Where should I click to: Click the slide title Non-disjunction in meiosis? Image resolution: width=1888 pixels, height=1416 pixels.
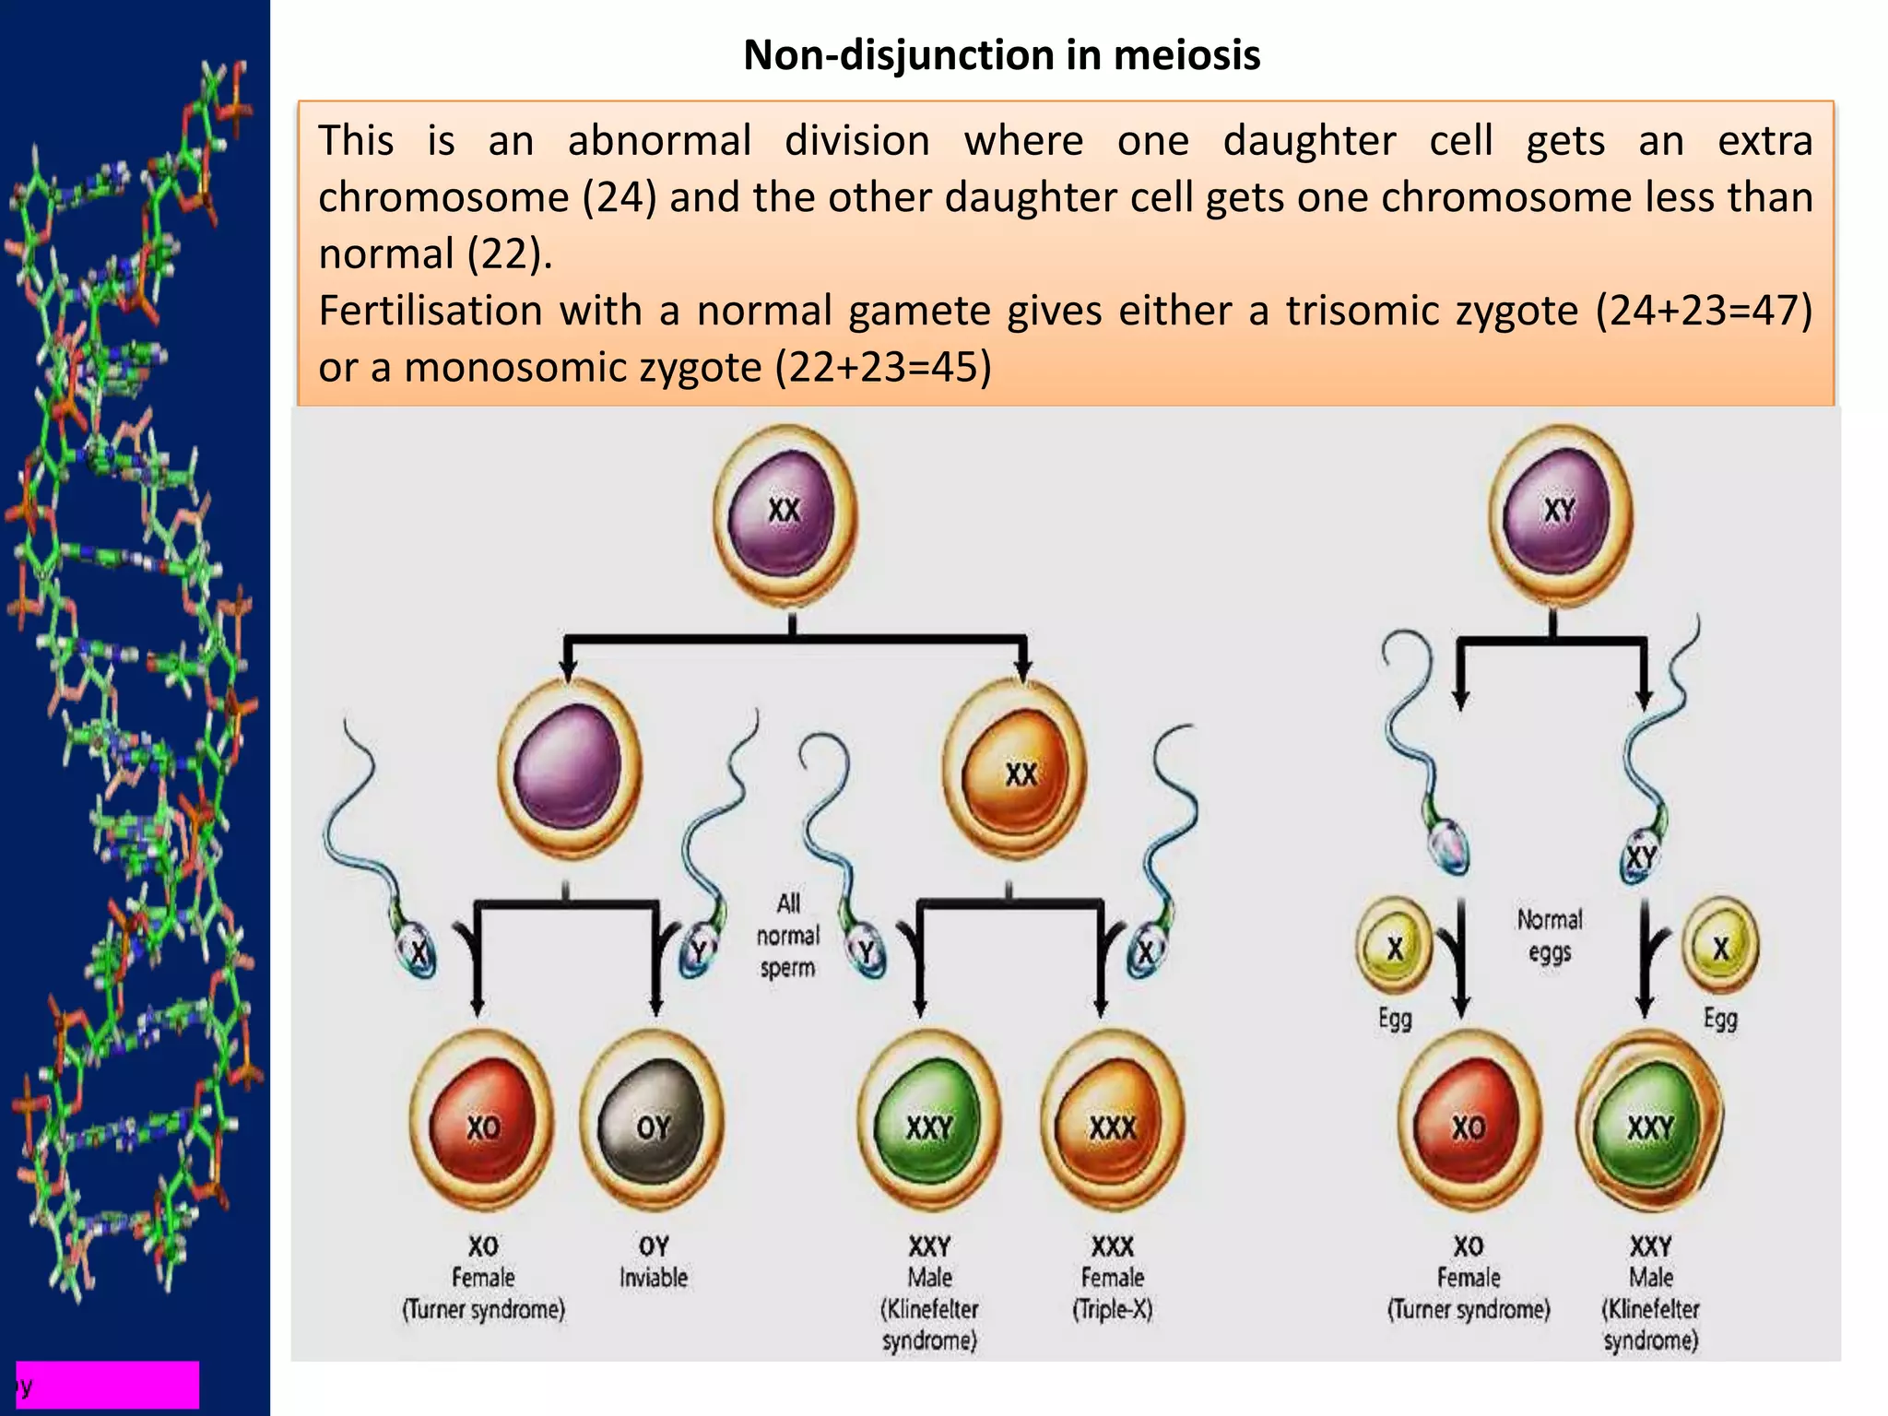(1001, 55)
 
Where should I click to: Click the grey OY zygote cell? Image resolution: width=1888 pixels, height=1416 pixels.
(653, 1121)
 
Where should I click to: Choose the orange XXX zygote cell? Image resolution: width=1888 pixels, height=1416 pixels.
(1113, 1121)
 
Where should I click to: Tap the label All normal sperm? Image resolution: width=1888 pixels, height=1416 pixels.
(787, 935)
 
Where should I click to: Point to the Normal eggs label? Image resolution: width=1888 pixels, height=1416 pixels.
(1550, 935)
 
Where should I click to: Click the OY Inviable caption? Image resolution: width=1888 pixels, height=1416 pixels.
(653, 1262)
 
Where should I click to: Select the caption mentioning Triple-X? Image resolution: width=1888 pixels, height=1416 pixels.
(1112, 1278)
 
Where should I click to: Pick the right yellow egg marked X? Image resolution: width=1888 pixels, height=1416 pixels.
(1720, 947)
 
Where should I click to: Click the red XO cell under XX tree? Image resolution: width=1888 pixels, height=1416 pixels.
(482, 1121)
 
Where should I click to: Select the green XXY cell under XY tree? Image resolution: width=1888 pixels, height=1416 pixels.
(1650, 1121)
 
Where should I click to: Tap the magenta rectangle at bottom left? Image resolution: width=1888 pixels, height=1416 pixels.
(108, 1384)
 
